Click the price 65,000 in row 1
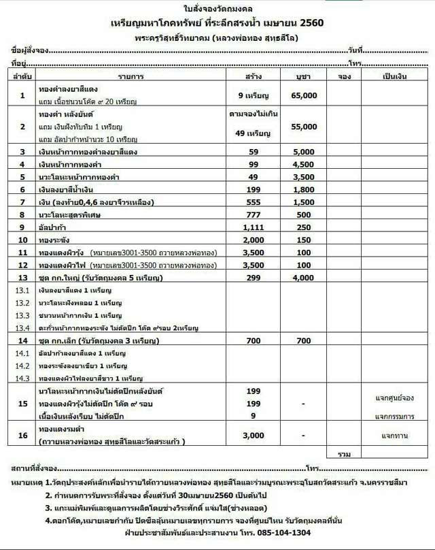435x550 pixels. click(303, 96)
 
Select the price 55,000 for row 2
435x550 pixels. click(303, 127)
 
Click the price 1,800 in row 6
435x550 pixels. click(303, 189)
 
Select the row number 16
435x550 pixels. click(22, 434)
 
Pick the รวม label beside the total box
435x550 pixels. click(343, 453)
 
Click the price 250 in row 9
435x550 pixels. click(303, 227)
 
